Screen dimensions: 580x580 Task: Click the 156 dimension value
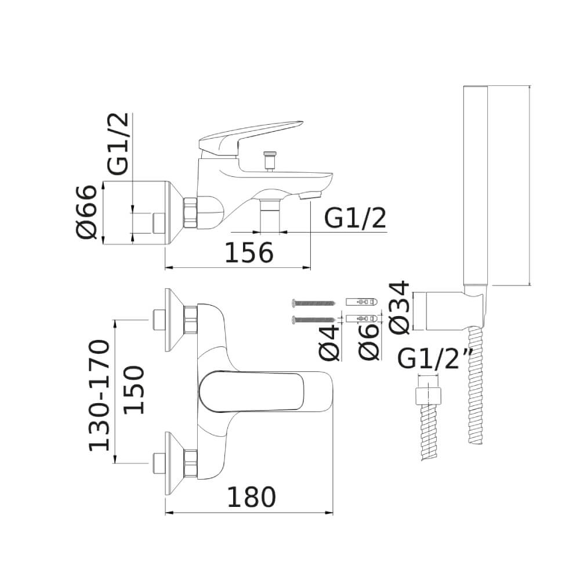coord(249,253)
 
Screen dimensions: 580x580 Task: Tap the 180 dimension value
coord(251,497)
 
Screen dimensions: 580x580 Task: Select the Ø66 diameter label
coord(86,212)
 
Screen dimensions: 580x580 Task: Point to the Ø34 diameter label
coord(399,307)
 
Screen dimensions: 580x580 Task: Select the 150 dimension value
coord(133,390)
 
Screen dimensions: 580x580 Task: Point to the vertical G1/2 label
coord(118,143)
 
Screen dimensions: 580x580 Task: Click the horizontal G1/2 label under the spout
coord(355,218)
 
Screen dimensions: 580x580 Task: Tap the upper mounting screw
coord(314,303)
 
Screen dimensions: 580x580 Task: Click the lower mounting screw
coord(314,320)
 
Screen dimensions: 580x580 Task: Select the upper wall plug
coord(362,302)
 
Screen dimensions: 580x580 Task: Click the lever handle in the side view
coord(251,139)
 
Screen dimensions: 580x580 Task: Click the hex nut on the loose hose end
coord(429,396)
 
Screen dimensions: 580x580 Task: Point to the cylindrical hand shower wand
coord(476,186)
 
